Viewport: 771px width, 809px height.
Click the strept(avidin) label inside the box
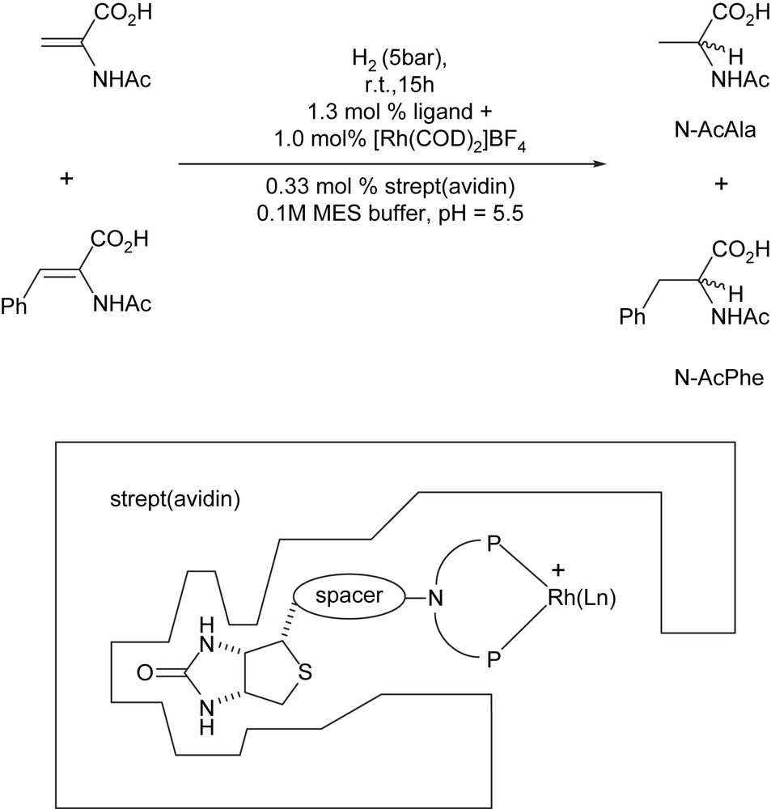point(175,499)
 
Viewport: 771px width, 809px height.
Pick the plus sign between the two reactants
point(68,180)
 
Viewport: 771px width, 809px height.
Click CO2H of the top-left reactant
point(115,15)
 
